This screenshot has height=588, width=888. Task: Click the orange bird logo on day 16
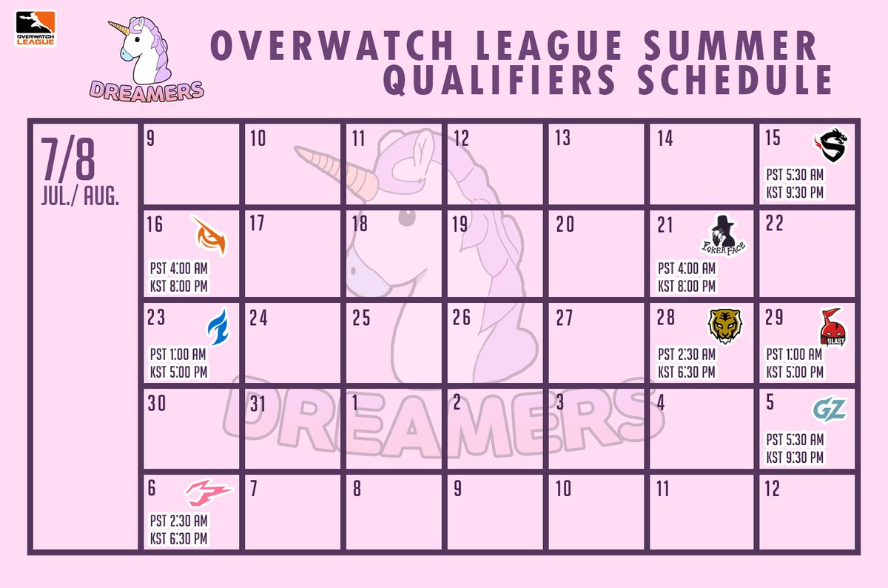(209, 235)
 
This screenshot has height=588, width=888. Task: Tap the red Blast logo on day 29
(831, 327)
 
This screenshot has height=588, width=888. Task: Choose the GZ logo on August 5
(829, 409)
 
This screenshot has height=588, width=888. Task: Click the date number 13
(562, 138)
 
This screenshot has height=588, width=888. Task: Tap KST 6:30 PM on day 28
(687, 372)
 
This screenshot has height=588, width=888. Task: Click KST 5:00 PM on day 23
(178, 372)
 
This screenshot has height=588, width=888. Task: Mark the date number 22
(774, 224)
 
